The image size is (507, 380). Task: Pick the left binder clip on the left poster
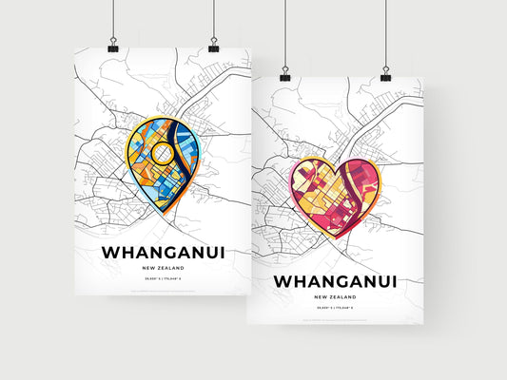112,47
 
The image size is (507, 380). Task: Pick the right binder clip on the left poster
213,47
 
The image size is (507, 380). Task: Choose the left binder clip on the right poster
284,72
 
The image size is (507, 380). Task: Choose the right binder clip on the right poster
385,72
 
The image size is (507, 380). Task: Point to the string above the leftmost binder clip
112,19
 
